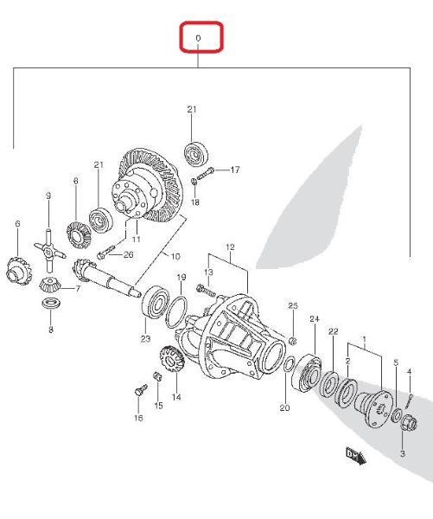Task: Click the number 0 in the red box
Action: click(198, 38)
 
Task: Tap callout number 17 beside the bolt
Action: click(235, 170)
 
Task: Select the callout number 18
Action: click(195, 202)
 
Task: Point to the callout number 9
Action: click(48, 195)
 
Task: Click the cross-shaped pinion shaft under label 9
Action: click(49, 250)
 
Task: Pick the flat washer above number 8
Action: click(51, 304)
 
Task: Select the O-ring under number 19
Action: click(176, 311)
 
